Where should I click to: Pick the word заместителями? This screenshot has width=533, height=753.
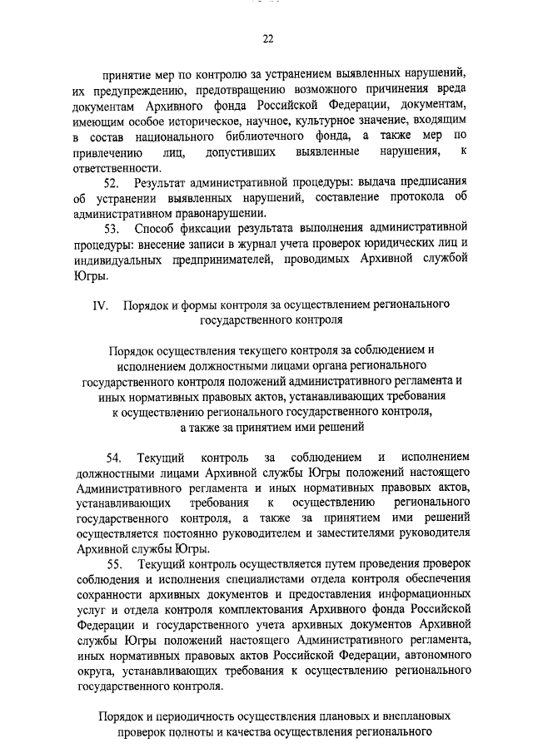click(x=336, y=534)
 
